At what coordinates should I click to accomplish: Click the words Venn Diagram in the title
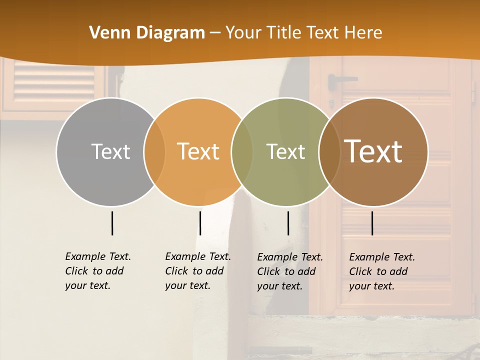(x=147, y=33)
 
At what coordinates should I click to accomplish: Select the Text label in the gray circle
(x=110, y=151)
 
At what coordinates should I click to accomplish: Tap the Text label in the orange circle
(x=198, y=151)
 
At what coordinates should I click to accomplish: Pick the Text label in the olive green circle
(x=285, y=151)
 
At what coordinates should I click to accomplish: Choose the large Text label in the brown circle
(x=373, y=151)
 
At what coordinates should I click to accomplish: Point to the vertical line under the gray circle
(x=112, y=223)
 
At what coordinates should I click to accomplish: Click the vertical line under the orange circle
(x=200, y=223)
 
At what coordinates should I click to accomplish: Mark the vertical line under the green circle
(x=288, y=223)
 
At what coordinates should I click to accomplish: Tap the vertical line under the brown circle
(x=372, y=223)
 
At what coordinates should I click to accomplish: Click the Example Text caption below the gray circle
(x=97, y=271)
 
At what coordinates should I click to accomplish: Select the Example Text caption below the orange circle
(x=197, y=271)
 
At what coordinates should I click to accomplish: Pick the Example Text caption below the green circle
(x=289, y=271)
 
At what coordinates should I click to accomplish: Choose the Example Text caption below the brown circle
(x=381, y=271)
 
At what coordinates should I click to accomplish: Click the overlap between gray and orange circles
(x=154, y=151)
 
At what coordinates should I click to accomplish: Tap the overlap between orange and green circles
(x=242, y=151)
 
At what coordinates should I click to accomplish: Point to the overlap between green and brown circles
(x=329, y=151)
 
